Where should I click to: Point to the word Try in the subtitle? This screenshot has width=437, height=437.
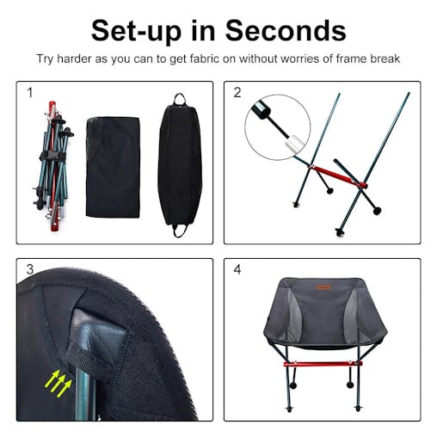click(x=46, y=59)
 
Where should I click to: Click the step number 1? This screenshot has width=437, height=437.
click(x=30, y=92)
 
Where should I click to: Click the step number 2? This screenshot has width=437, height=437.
click(x=237, y=92)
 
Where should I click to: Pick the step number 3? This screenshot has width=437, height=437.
click(x=30, y=269)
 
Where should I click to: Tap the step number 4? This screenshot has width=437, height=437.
click(x=237, y=269)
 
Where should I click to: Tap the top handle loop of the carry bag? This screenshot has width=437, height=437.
click(x=181, y=98)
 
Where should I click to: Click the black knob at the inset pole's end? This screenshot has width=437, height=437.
click(x=259, y=110)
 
